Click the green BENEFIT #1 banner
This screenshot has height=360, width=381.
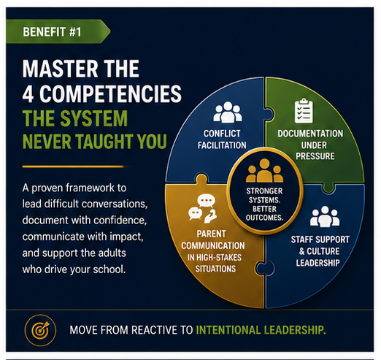[58, 31]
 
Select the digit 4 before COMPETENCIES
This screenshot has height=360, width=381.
[28, 94]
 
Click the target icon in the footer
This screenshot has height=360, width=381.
[40, 330]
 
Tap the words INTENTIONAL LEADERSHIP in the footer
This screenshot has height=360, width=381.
[261, 330]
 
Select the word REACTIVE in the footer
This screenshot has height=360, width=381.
[155, 330]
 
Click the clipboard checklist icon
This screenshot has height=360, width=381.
[304, 111]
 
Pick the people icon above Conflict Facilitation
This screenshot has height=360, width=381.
[228, 112]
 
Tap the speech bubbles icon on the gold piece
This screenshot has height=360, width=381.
[203, 208]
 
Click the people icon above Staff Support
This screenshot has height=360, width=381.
[325, 216]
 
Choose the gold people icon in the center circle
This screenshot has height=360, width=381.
[264, 170]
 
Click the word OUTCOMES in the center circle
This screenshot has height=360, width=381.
[264, 218]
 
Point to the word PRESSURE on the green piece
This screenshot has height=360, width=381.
[315, 156]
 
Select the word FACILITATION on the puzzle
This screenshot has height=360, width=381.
[222, 145]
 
